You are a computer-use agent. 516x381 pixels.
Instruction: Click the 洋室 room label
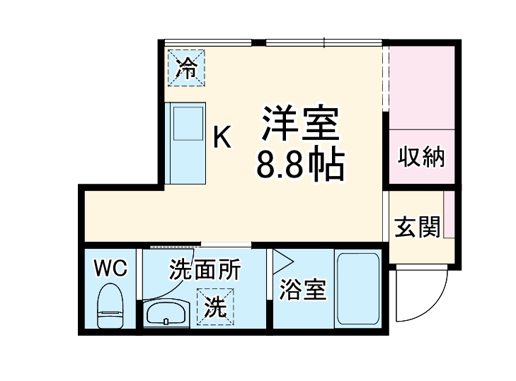(x=301, y=124)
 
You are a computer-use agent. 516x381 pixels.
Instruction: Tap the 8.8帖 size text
(x=300, y=165)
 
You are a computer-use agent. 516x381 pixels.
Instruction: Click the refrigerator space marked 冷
(x=187, y=67)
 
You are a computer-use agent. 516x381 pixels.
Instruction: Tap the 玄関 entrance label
(x=417, y=228)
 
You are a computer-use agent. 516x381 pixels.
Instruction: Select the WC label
(x=110, y=269)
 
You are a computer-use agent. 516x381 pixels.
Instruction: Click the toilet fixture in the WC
(x=110, y=305)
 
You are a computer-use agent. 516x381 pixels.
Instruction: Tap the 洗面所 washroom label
(x=205, y=269)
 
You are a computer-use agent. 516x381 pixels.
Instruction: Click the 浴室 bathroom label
(x=303, y=289)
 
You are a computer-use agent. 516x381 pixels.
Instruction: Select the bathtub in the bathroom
(x=358, y=288)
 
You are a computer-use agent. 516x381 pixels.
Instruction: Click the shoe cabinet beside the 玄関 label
(x=449, y=216)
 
